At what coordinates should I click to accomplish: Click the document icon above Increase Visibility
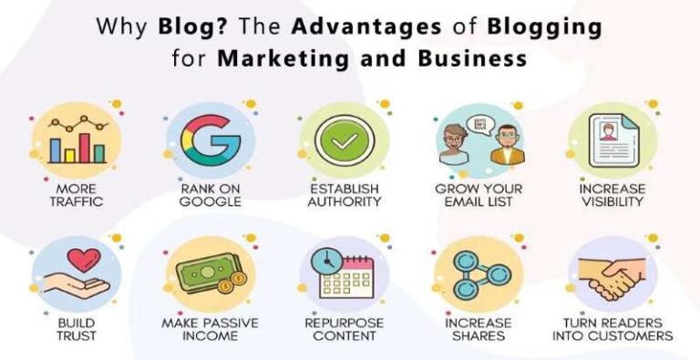[x=610, y=140]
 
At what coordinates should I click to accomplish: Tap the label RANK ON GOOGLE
[x=210, y=194]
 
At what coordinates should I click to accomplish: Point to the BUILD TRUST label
[x=75, y=329]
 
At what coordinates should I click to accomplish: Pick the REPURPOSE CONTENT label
[x=344, y=329]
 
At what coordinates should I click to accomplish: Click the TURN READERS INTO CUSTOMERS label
[x=611, y=329]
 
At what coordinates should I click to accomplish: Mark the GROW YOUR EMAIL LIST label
[x=478, y=194]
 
